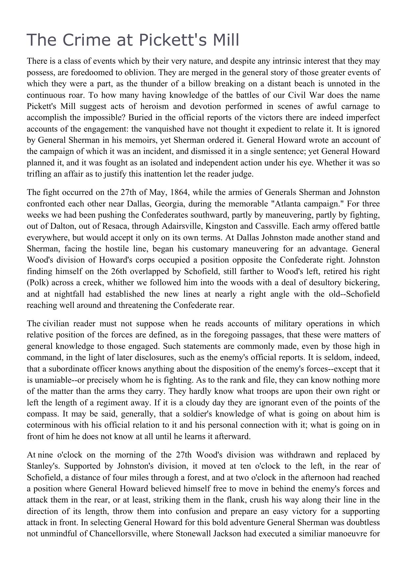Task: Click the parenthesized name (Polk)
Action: click(x=38, y=283)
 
